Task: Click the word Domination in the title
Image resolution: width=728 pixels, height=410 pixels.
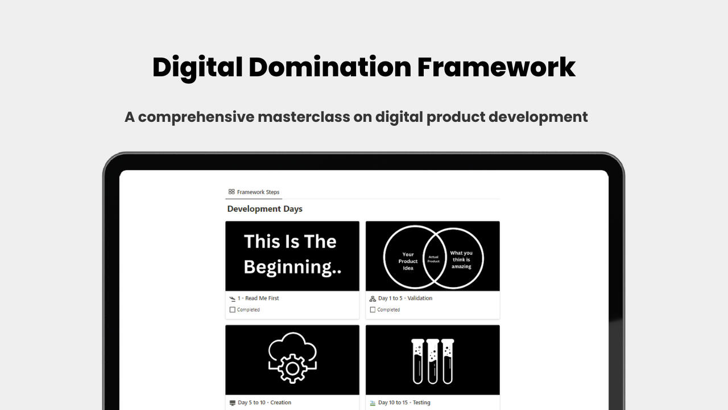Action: tap(330, 67)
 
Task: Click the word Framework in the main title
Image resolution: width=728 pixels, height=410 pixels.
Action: tap(497, 67)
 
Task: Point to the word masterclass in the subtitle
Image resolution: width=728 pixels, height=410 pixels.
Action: tap(304, 117)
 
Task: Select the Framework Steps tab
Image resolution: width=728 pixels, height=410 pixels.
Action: tap(254, 192)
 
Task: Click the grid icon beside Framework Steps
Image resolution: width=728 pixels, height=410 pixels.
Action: tap(231, 192)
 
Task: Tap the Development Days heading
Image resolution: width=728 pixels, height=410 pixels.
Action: tap(264, 209)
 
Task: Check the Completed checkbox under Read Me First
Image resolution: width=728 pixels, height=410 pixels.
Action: tap(233, 310)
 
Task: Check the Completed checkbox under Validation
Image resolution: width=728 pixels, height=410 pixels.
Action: tap(373, 310)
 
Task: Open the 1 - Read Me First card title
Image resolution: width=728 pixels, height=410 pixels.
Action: tap(258, 298)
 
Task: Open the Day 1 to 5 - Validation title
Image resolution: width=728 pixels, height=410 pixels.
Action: tap(406, 298)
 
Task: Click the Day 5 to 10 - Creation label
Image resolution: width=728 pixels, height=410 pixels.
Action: tap(264, 403)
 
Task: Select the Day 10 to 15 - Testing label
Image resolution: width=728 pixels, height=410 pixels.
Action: tap(404, 403)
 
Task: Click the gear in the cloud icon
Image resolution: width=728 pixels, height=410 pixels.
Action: tap(292, 368)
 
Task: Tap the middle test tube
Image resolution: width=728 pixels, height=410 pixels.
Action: tap(433, 361)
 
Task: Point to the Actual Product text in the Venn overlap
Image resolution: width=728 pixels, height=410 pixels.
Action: tap(433, 259)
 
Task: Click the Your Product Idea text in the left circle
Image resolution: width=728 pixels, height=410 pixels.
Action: tap(408, 261)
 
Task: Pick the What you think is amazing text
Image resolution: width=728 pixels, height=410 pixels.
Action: tap(461, 260)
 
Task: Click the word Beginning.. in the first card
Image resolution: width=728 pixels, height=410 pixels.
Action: tap(292, 267)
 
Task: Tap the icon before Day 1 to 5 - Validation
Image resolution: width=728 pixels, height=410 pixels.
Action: tap(373, 298)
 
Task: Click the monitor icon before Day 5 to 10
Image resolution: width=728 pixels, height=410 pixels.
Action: tap(232, 403)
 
